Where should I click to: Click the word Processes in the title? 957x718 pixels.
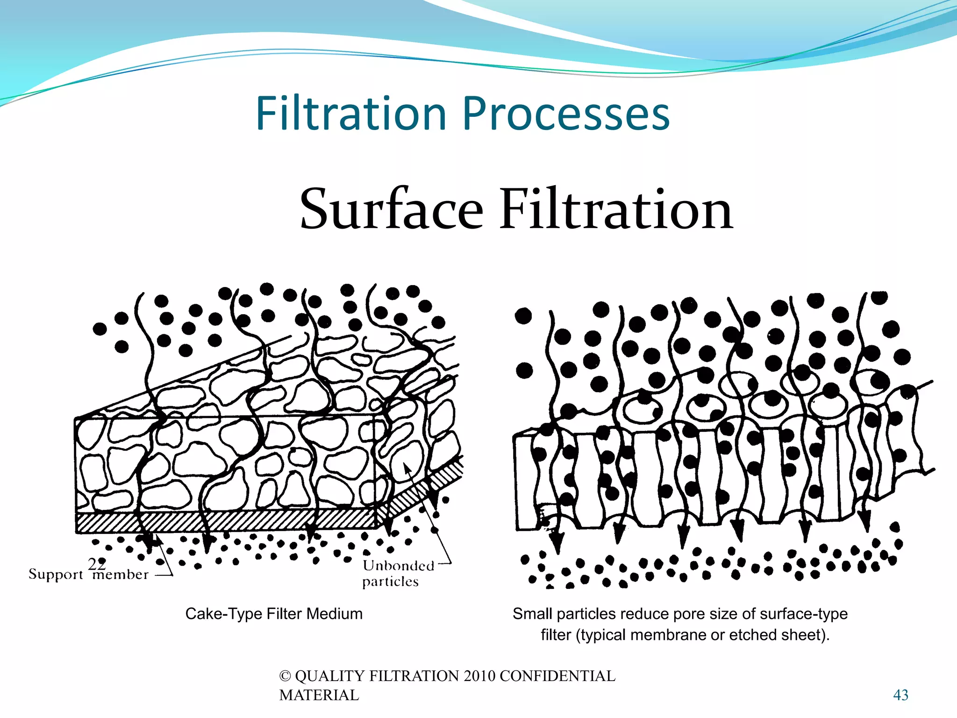[x=566, y=114]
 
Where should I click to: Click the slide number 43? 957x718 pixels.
[x=900, y=695]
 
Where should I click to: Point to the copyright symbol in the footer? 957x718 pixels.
[x=285, y=676]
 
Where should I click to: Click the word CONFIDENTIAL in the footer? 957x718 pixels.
[x=557, y=676]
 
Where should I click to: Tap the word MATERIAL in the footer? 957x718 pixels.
[x=319, y=695]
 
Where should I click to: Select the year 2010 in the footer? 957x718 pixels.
[x=479, y=676]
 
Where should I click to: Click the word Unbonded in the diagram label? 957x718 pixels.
[x=399, y=566]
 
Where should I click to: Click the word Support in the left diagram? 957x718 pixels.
[x=56, y=574]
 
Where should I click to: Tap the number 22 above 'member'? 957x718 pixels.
[x=97, y=564]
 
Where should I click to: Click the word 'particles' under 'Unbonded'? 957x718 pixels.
[x=390, y=582]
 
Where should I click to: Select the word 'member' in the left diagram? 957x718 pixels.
[x=121, y=574]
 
